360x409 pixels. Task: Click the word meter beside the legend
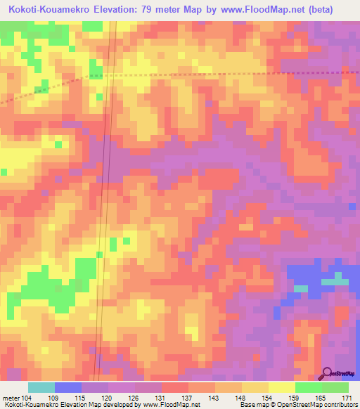[11, 397]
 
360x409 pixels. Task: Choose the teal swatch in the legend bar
[41, 387]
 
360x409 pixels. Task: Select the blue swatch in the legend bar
[68, 387]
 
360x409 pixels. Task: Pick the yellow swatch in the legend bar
[282, 387]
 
